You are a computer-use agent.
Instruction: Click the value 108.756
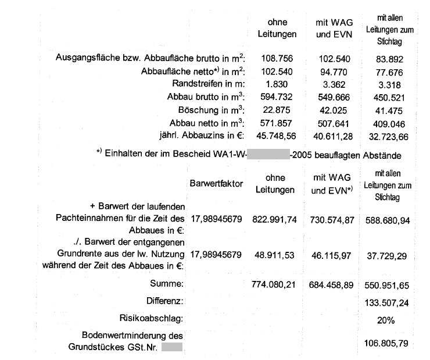tap(277, 58)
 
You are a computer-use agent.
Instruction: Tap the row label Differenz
tap(165, 301)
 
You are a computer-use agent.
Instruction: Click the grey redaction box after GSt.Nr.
tap(172, 348)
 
